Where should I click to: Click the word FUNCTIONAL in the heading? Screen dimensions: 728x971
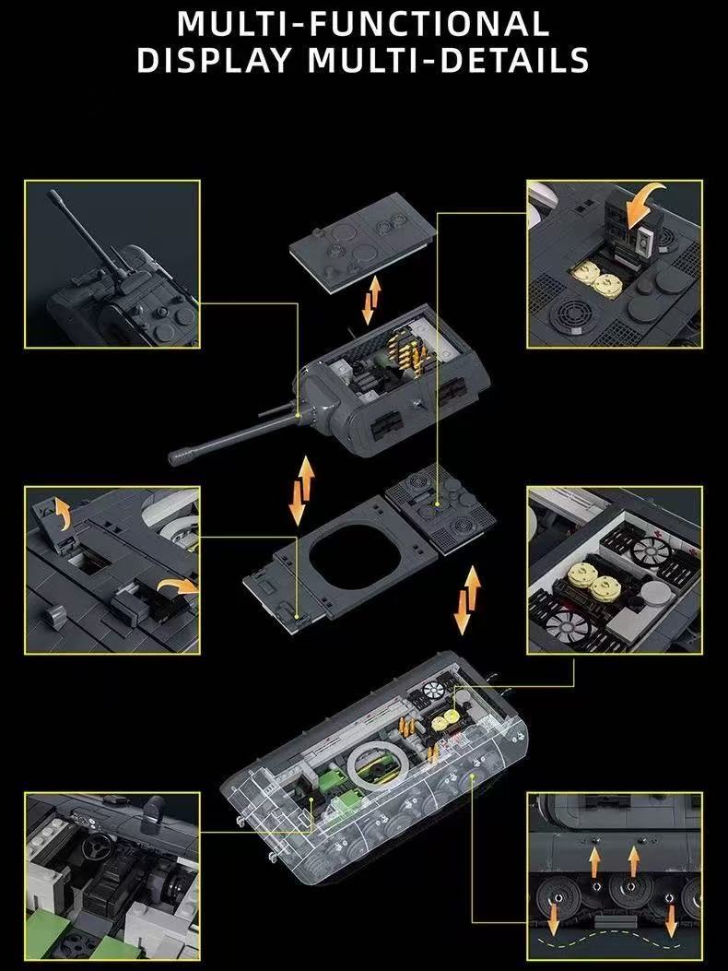click(x=428, y=24)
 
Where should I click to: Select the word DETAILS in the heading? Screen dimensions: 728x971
click(x=514, y=59)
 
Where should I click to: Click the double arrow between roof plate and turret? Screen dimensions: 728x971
click(x=370, y=301)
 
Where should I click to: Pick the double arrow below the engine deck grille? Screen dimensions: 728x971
click(x=467, y=599)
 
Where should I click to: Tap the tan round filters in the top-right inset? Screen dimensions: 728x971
click(x=598, y=278)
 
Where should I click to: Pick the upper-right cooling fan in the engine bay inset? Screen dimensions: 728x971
click(x=650, y=549)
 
